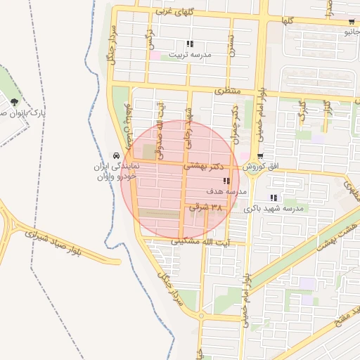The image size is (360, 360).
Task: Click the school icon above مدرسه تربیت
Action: [x=189, y=44]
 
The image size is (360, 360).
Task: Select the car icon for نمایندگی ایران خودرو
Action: [x=116, y=155]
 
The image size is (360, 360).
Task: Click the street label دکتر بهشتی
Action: [x=204, y=167]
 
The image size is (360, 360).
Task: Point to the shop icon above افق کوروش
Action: [x=260, y=156]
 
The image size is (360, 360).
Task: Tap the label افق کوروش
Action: [x=262, y=167]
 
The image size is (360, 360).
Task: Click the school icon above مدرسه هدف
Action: [x=225, y=181]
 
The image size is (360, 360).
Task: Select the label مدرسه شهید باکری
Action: [x=274, y=209]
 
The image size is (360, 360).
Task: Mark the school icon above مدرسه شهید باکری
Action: [x=273, y=198]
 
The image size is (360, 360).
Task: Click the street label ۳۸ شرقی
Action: [x=206, y=207]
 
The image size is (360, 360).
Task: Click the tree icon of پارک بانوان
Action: [x=15, y=103]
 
